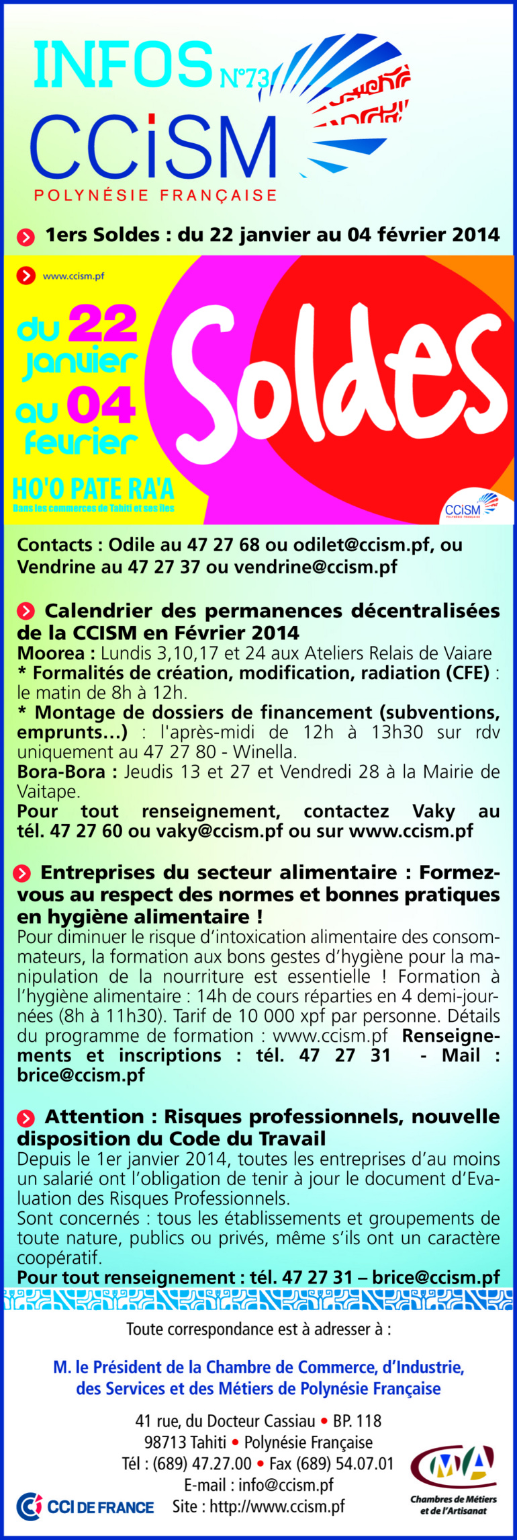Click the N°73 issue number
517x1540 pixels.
[244, 79]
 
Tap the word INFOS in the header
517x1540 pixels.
[123, 65]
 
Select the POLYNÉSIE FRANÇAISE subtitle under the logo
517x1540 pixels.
[155, 196]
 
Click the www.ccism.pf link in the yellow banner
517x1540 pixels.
[73, 276]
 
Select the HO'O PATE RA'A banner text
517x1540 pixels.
[93, 489]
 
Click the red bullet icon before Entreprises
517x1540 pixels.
[22, 873]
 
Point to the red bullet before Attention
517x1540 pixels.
[26, 1119]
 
